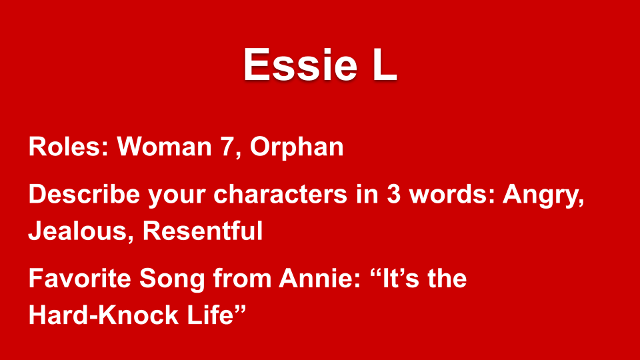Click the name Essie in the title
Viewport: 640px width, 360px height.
tap(300, 65)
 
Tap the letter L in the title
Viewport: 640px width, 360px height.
tap(385, 65)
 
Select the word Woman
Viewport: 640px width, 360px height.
tap(164, 146)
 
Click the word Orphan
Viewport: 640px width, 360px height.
tap(297, 147)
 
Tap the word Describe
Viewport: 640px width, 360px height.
tap(84, 193)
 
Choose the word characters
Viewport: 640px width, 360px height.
tap(281, 194)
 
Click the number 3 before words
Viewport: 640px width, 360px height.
tap(393, 194)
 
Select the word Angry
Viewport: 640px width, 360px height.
tap(543, 195)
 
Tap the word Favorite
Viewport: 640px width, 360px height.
tap(80, 279)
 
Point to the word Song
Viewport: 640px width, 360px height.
tap(172, 279)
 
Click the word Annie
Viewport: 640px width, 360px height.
tap(319, 279)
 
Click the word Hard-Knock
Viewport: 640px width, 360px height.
tap(104, 315)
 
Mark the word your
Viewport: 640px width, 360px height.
tap(177, 196)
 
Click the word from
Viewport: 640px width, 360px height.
tap(242, 279)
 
